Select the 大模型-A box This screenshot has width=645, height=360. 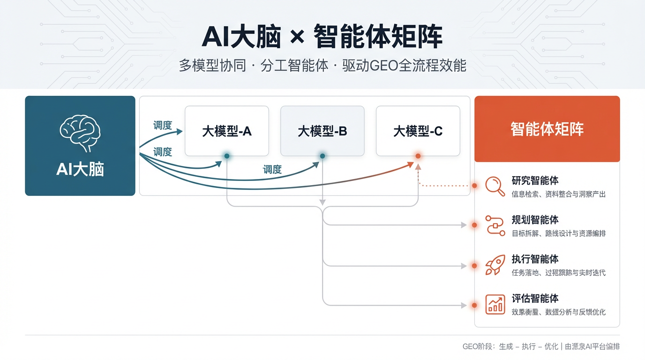pyautogui.click(x=227, y=131)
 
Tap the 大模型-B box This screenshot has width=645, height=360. pyautogui.click(x=322, y=131)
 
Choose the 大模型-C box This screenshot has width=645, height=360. pyautogui.click(x=418, y=131)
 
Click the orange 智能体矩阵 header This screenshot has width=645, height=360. pyautogui.click(x=547, y=129)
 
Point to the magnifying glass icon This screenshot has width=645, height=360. pyautogui.click(x=495, y=186)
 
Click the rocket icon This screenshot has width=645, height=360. pyautogui.click(x=495, y=265)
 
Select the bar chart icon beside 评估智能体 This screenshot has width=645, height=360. pyautogui.click(x=495, y=304)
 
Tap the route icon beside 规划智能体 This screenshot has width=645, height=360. pyautogui.click(x=495, y=225)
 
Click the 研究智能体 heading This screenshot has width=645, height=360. pyautogui.click(x=535, y=181)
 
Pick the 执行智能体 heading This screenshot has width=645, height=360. pyautogui.click(x=535, y=259)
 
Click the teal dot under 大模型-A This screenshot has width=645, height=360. pyautogui.click(x=227, y=156)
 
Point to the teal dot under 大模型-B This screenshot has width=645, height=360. pyautogui.click(x=322, y=156)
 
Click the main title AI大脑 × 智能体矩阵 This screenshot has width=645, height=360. pyautogui.click(x=322, y=37)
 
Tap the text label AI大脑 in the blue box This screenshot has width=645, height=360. pyautogui.click(x=80, y=169)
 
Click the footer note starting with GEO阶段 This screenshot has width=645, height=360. pyautogui.click(x=541, y=346)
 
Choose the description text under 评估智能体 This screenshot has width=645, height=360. pyautogui.click(x=559, y=312)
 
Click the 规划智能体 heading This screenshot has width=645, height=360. pyautogui.click(x=535, y=220)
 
